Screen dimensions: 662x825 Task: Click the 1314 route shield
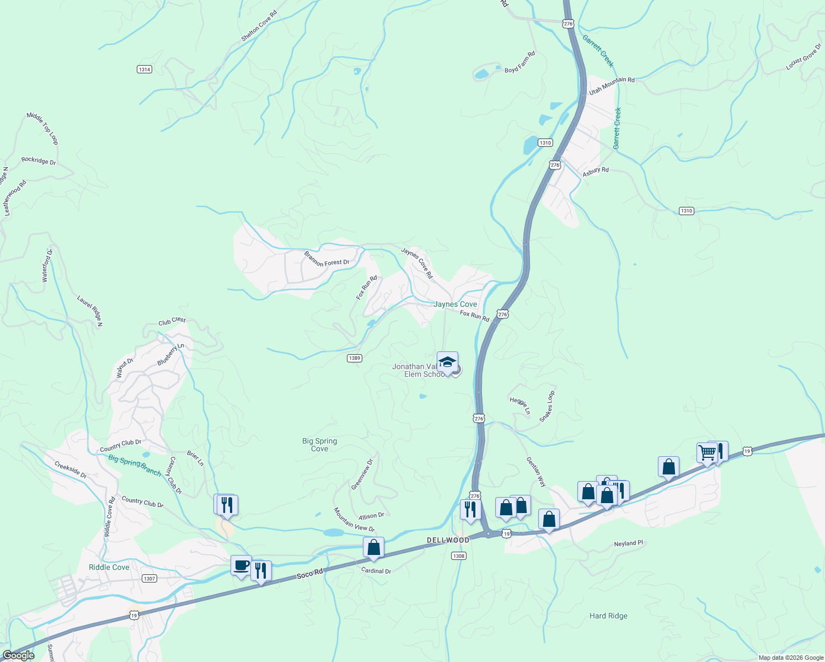(144, 70)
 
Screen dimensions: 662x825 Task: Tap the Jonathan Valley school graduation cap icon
(447, 362)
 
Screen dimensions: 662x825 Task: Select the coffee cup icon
(241, 565)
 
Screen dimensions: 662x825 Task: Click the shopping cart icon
(707, 452)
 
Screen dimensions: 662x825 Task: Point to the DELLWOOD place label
(448, 540)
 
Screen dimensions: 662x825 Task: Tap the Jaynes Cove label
(455, 305)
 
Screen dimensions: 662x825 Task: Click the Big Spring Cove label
(319, 445)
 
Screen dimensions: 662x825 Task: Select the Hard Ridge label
(608, 616)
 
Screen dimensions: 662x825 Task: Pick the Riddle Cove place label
(109, 567)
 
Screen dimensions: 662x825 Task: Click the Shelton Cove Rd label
(259, 26)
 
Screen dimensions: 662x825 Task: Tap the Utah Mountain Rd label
(612, 86)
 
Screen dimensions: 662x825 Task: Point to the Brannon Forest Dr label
(326, 259)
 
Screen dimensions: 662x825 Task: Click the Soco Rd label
(309, 574)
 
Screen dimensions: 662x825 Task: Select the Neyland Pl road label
(628, 543)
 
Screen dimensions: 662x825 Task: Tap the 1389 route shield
(355, 358)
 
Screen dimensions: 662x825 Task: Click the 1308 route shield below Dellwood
(459, 556)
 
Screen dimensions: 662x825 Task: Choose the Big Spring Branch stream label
(135, 465)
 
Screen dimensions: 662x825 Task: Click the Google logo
(19, 655)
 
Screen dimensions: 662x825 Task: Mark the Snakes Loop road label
(547, 407)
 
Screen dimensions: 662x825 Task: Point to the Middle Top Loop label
(42, 128)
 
